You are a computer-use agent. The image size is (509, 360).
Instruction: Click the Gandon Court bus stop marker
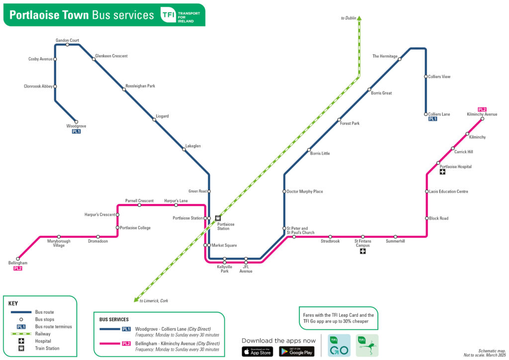tap(68, 45)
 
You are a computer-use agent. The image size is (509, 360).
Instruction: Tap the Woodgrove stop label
tap(76, 126)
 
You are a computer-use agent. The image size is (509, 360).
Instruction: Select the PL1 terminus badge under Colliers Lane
tap(432, 119)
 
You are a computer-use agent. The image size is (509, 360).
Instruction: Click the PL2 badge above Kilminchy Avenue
tap(482, 109)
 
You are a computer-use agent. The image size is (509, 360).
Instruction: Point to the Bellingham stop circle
tap(18, 259)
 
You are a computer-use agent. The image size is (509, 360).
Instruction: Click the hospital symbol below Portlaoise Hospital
tap(442, 172)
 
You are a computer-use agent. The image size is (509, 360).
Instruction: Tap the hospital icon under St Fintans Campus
tap(363, 252)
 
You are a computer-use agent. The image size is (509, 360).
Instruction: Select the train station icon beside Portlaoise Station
tap(217, 218)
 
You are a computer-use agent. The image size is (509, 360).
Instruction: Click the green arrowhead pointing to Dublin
tap(359, 19)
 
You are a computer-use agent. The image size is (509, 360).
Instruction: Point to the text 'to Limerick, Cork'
tap(154, 301)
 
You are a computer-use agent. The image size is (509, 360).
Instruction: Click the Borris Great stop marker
tap(369, 90)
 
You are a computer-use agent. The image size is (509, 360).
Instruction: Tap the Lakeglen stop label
tap(193, 146)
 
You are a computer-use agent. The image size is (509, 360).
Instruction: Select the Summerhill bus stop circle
tap(396, 237)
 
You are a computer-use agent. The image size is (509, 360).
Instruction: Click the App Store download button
tap(257, 352)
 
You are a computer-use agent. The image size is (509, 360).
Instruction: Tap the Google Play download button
tap(297, 352)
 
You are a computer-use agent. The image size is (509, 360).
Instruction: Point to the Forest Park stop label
tap(349, 123)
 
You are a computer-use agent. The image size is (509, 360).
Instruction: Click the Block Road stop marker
tap(426, 218)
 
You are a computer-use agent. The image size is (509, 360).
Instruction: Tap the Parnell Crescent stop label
tap(139, 200)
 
